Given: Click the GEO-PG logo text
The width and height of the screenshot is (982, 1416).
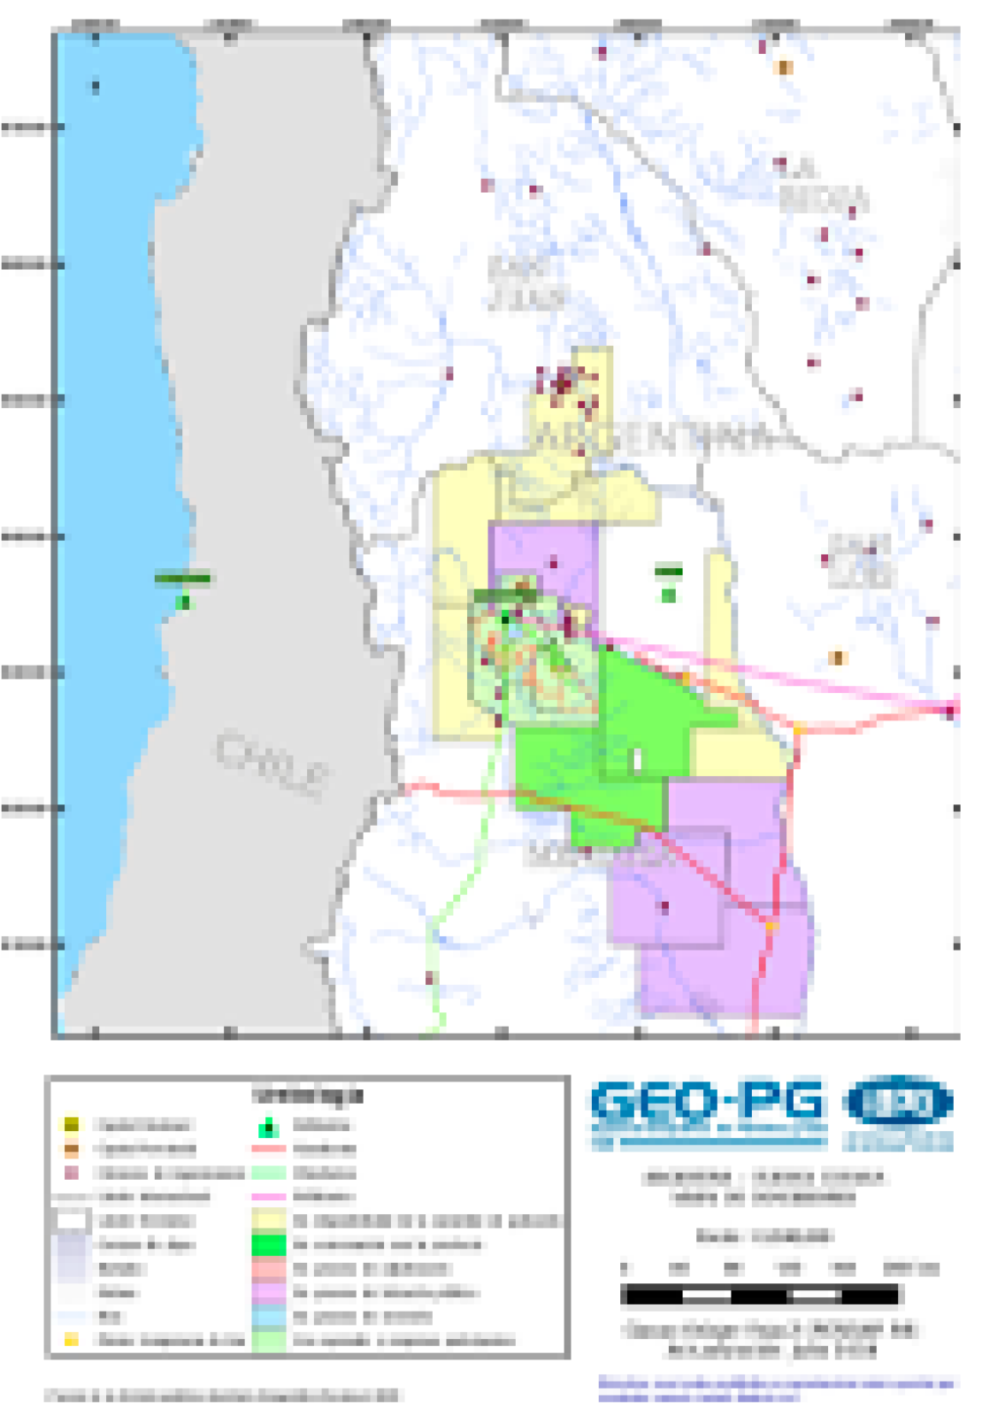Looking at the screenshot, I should tap(708, 1106).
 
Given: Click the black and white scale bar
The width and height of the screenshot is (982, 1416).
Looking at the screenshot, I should tap(760, 1296).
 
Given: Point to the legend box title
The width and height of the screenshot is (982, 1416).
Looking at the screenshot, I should tap(307, 1095).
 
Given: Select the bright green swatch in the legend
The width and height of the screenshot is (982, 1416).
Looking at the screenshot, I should tap(269, 1245).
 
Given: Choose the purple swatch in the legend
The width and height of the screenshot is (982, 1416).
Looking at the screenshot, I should tap(269, 1293).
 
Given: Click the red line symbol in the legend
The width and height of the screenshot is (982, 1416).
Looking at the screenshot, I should tap(269, 1150).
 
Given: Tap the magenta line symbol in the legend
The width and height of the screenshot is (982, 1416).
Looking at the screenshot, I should tap(269, 1197).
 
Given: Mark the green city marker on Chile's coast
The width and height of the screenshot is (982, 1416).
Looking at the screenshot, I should tap(183, 602).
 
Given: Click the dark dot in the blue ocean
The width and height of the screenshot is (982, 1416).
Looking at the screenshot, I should tap(96, 87).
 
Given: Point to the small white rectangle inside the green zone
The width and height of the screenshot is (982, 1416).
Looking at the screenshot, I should tap(636, 758).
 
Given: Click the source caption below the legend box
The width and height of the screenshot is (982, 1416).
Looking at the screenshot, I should tap(222, 1396).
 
